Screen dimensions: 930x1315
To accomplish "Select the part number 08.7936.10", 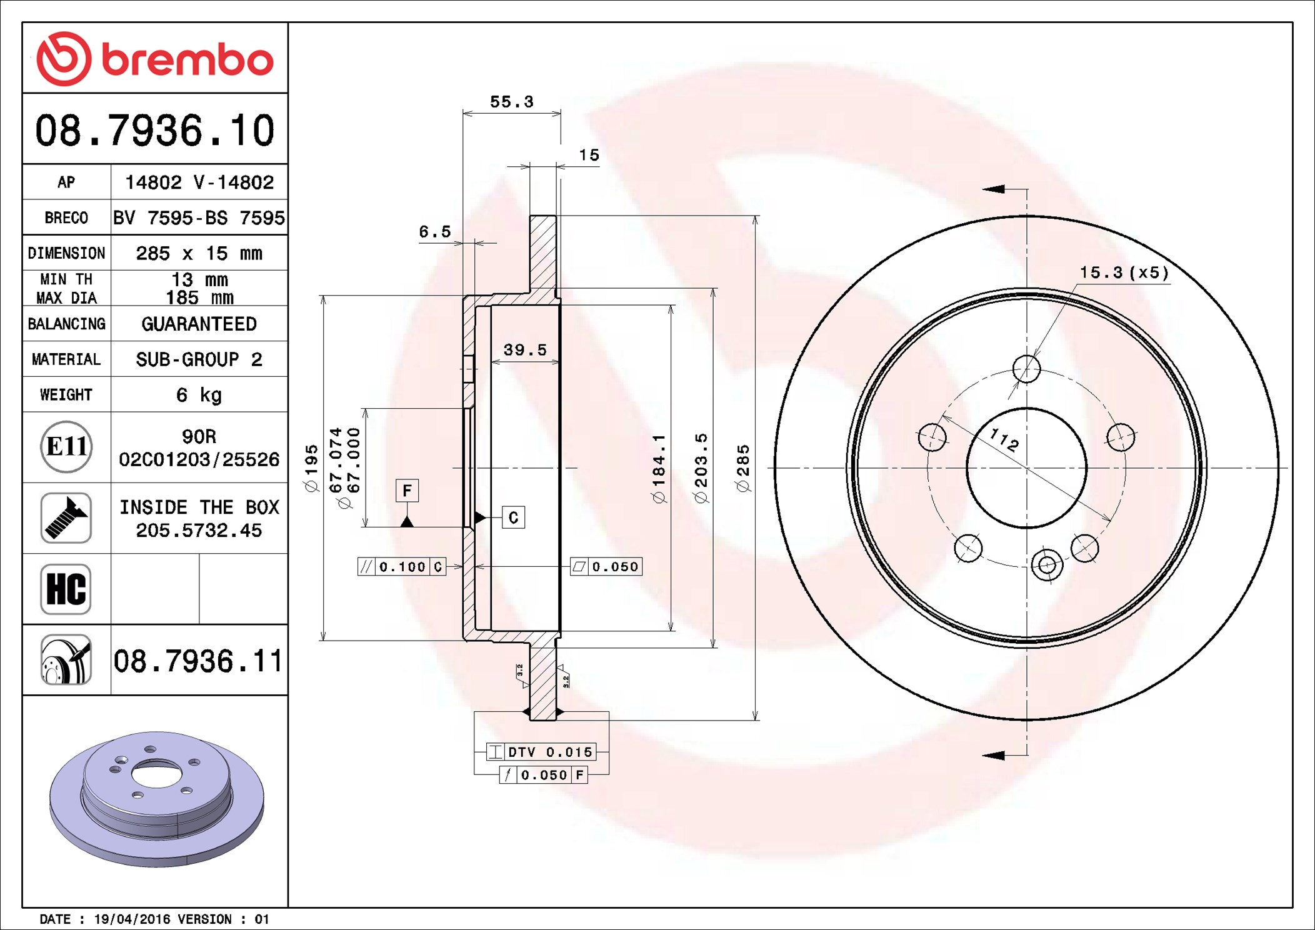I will click(x=155, y=131).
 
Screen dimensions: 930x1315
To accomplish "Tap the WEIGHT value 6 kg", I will click(x=199, y=395).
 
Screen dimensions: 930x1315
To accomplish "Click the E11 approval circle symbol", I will click(x=66, y=447).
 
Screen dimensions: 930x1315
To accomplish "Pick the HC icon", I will click(x=66, y=589).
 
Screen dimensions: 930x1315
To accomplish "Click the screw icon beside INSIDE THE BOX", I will click(x=66, y=518).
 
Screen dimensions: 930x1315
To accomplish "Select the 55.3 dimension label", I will click(x=511, y=102).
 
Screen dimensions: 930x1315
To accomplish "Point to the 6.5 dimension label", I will click(x=434, y=232).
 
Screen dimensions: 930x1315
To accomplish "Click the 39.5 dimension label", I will click(x=525, y=350).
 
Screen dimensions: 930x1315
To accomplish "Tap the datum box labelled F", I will click(x=407, y=491).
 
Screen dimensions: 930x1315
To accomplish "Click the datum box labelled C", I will click(x=513, y=517).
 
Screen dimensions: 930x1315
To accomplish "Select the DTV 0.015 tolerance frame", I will click(x=541, y=752).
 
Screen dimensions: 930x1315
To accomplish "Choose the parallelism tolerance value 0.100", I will click(x=402, y=567).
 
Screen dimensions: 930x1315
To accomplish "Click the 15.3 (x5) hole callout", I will click(x=1124, y=272).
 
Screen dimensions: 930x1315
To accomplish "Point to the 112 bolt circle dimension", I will click(x=1004, y=440).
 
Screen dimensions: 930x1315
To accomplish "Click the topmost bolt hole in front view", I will click(x=1026, y=369).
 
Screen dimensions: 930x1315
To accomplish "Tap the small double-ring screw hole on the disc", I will click(x=1047, y=566).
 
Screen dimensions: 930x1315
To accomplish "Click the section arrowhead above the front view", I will click(x=994, y=189).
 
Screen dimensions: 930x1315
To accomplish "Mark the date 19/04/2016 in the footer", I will click(x=132, y=919).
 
